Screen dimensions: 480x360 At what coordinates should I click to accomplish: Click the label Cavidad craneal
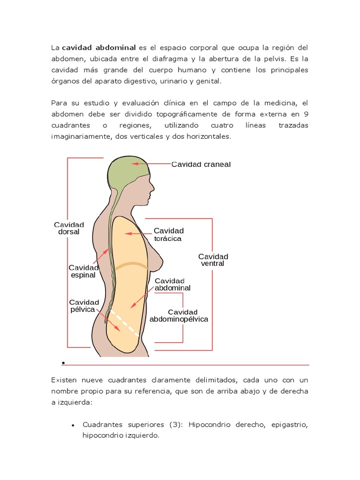click(201, 164)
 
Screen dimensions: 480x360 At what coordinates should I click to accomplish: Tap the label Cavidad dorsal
click(69, 228)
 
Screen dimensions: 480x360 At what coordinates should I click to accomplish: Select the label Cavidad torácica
click(169, 234)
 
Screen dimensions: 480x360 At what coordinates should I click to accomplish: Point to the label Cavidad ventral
click(213, 260)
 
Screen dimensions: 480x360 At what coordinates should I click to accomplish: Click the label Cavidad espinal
click(83, 271)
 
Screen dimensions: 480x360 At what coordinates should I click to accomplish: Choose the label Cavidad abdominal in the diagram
click(172, 285)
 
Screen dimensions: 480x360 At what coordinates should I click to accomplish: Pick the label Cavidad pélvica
click(83, 306)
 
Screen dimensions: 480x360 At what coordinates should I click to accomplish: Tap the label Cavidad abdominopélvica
click(179, 315)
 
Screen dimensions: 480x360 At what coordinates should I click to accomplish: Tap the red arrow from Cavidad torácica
click(138, 233)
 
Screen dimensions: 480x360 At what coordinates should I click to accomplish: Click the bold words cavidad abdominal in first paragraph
click(99, 48)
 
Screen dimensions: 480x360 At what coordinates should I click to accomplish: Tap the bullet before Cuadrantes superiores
click(73, 425)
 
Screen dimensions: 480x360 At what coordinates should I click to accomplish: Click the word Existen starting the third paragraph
click(65, 380)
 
